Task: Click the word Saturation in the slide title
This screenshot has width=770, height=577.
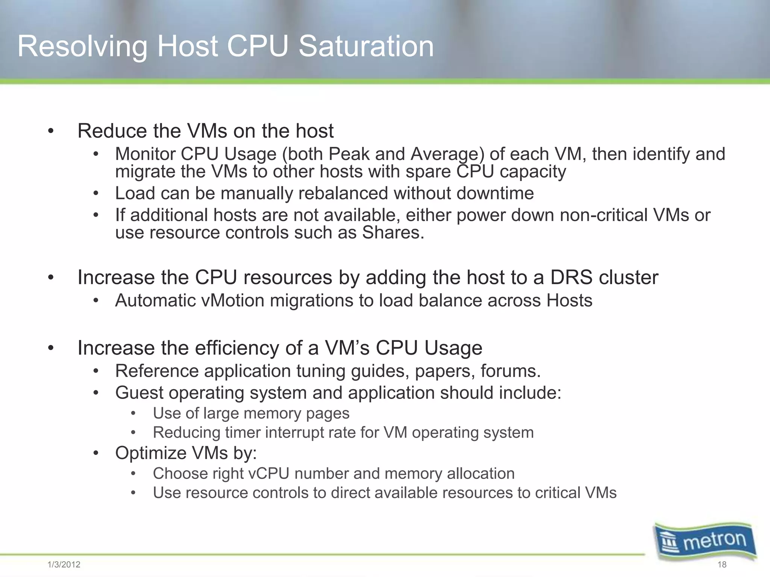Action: click(366, 46)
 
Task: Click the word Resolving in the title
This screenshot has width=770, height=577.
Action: click(82, 47)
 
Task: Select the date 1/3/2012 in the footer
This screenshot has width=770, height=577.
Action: click(64, 565)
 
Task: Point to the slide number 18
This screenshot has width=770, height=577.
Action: click(722, 565)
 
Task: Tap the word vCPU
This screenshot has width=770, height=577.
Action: click(269, 474)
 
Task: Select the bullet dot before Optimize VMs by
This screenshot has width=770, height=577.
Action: click(96, 453)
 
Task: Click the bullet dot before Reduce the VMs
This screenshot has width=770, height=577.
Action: click(51, 131)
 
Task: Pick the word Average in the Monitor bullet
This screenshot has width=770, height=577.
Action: click(447, 154)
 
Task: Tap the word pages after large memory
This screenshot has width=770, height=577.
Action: click(328, 414)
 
